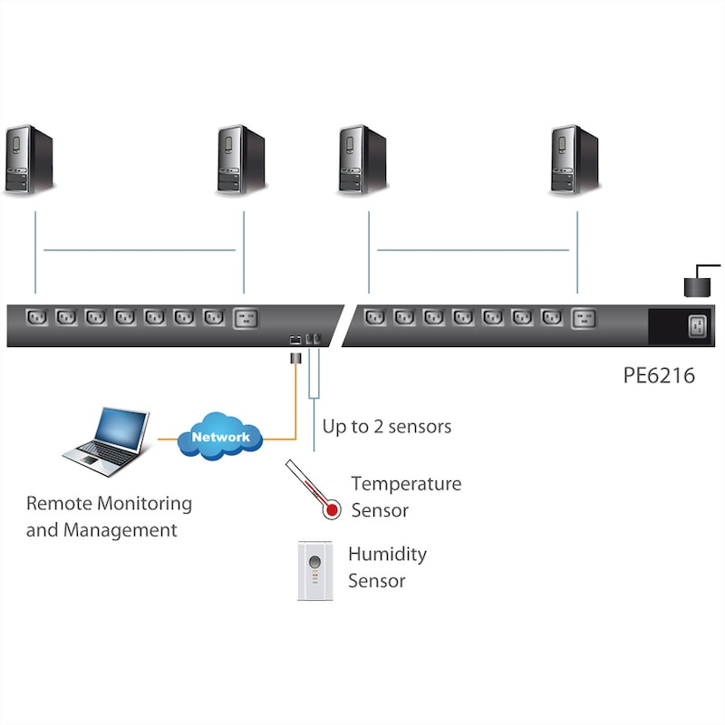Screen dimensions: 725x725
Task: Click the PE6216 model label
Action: [x=659, y=374]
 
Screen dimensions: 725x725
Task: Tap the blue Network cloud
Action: [x=220, y=437]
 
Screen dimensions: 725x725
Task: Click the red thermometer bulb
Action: [x=333, y=510]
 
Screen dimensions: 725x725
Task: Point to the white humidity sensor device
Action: [x=314, y=570]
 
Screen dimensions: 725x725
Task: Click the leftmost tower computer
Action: [x=29, y=160]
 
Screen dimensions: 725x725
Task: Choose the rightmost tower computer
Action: [x=575, y=160]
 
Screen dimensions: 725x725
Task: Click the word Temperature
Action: [x=406, y=484]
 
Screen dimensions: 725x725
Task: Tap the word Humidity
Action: [x=387, y=554]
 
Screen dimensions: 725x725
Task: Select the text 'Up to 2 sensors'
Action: [x=387, y=426]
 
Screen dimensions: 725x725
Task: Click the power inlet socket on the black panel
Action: [x=697, y=325]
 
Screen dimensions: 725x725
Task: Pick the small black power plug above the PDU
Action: [x=695, y=285]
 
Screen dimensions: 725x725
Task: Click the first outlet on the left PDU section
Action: [x=37, y=318]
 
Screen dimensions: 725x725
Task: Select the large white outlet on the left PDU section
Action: [x=246, y=318]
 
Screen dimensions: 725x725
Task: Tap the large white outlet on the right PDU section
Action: [x=583, y=318]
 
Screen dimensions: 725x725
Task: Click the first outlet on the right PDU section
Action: [x=374, y=318]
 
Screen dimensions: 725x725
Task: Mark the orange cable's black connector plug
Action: [x=295, y=359]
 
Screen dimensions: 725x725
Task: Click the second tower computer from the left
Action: [x=240, y=160]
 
